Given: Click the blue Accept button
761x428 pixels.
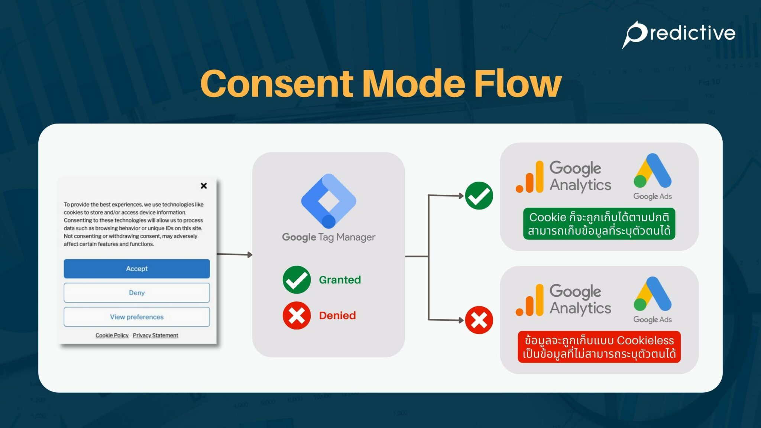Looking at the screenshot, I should (x=136, y=269).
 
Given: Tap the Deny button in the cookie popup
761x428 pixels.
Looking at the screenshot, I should (x=136, y=293).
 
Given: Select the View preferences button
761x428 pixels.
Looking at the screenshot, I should (x=136, y=317).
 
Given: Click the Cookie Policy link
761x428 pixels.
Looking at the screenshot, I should (x=112, y=335).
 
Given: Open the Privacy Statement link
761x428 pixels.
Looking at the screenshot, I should (x=155, y=335).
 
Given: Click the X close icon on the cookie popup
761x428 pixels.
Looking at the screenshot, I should (x=204, y=186).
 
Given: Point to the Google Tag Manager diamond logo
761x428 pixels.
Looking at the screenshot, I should (x=328, y=201).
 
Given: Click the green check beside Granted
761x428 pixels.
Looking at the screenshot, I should (x=297, y=280).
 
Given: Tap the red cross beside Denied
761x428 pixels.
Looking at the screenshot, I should (x=297, y=315).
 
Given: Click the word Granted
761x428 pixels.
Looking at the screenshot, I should (x=340, y=280).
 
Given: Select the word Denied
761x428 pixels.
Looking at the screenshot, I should (x=337, y=315).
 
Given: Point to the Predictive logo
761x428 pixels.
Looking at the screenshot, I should (x=679, y=33).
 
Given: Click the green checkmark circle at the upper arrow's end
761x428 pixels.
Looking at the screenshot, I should (x=479, y=196).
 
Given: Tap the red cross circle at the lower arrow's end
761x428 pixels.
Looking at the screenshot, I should (x=479, y=320).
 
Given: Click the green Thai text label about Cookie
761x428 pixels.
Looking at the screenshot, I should (x=599, y=224).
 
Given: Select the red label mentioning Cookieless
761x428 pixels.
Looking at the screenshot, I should (x=599, y=347).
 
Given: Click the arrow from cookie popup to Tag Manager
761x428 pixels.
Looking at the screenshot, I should (x=234, y=254).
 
